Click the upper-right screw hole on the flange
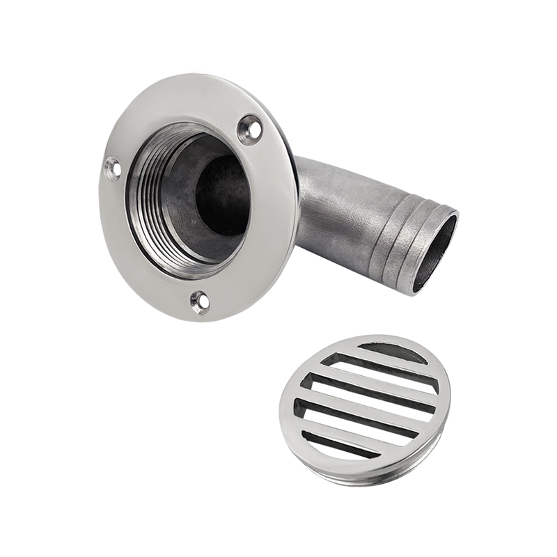click(x=250, y=129)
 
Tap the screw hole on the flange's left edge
click(x=112, y=168)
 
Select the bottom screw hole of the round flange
click(x=200, y=301)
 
